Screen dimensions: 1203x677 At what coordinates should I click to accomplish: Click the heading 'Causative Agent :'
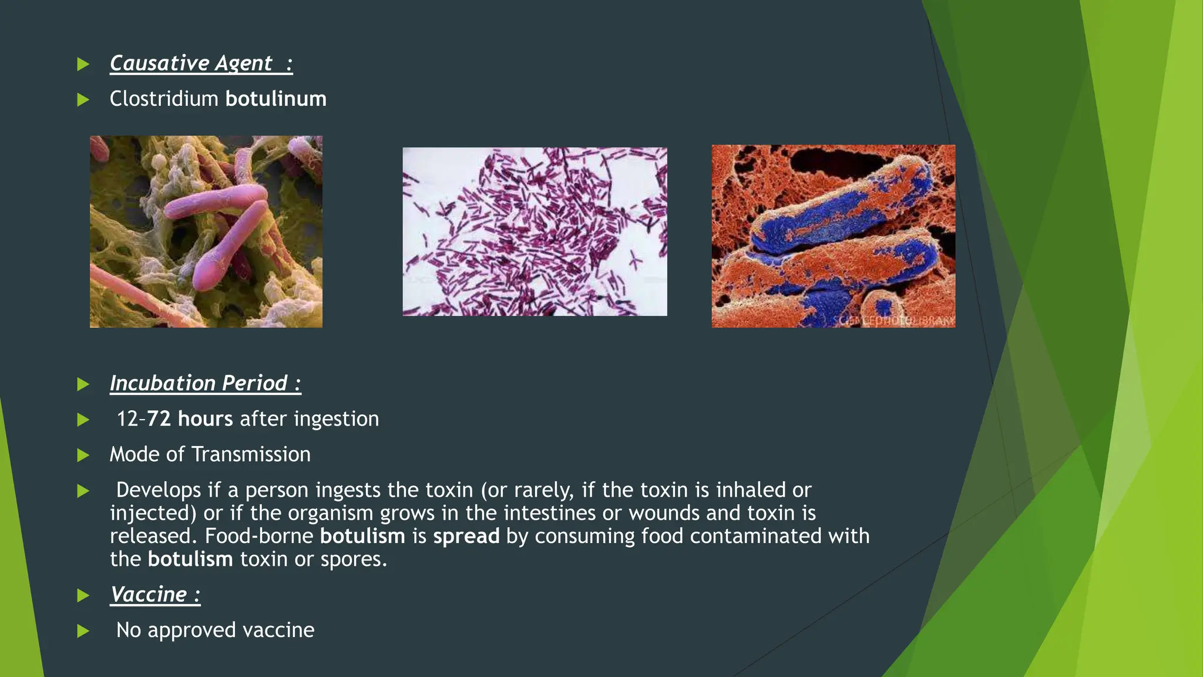pos(201,63)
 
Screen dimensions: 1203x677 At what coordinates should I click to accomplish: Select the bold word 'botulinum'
pos(276,99)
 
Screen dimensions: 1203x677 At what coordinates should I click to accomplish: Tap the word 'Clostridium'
pos(164,99)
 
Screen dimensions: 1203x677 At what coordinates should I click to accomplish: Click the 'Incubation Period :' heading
pos(206,383)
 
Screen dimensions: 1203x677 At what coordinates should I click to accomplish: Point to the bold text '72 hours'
pos(190,418)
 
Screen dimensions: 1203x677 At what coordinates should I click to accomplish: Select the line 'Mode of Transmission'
pos(210,454)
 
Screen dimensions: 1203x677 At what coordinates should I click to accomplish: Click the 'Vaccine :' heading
pos(156,595)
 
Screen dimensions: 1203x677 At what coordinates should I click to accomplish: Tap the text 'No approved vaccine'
pos(216,631)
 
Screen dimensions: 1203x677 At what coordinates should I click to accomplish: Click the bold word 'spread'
pos(466,537)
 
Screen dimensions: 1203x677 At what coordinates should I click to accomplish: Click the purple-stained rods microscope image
pos(535,232)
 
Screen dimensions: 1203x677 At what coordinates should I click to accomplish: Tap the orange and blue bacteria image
pos(834,236)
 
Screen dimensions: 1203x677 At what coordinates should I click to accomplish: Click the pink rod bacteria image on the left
pos(206,232)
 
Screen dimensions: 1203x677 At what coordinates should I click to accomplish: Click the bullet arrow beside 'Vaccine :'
pos(83,596)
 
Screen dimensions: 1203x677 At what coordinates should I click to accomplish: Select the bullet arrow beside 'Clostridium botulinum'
pos(83,100)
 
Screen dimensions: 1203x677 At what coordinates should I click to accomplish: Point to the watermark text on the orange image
pos(893,321)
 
